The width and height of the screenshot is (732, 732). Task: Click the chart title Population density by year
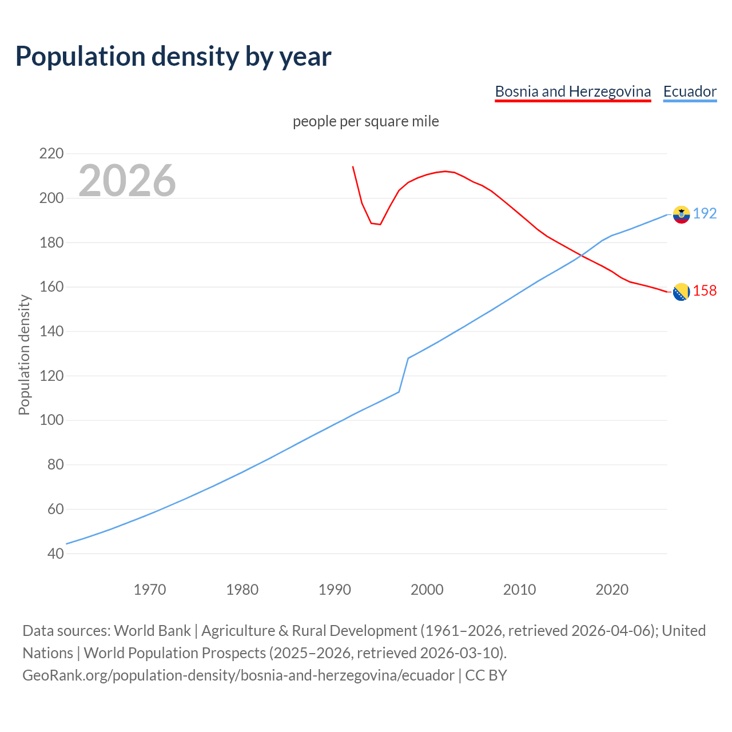173,57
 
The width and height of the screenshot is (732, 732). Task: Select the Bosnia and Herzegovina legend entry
572,91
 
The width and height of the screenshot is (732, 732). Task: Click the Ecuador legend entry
690,91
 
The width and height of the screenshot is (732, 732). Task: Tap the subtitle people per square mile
366,121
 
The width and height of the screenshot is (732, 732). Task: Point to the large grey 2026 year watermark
127,181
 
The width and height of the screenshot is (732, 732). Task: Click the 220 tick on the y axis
51,153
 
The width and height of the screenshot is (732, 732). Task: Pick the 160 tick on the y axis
51,287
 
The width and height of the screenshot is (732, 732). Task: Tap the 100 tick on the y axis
51,420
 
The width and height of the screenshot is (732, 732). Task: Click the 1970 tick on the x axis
150,590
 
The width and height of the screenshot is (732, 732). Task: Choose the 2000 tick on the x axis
427,590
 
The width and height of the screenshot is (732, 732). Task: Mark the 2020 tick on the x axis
612,590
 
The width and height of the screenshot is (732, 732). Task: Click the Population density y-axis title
24,355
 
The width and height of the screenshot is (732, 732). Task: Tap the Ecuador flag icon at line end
681,214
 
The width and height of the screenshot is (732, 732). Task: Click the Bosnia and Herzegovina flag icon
681,292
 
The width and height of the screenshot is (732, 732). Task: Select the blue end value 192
705,213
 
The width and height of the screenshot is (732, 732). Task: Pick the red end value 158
705,291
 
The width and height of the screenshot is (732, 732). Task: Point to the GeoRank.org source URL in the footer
238,675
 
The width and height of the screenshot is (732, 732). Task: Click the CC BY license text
486,675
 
